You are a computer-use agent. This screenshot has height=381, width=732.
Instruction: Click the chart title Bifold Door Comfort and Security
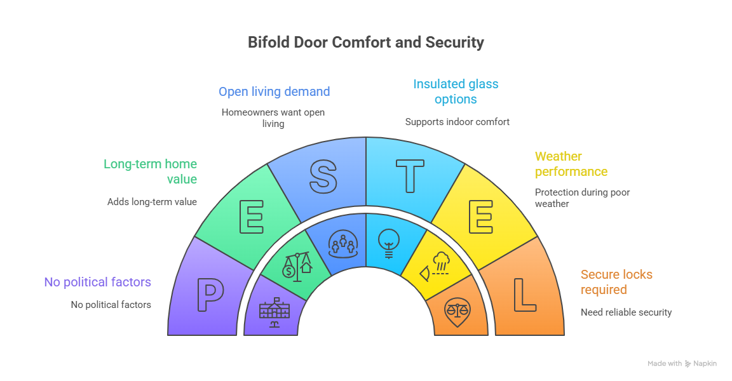[365, 43]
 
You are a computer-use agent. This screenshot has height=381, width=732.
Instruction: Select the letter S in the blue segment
[323, 175]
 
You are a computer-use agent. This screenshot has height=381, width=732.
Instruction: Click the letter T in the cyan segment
[410, 175]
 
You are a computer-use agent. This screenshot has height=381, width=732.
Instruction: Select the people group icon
[342, 244]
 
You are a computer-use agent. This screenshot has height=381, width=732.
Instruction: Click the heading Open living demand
[274, 91]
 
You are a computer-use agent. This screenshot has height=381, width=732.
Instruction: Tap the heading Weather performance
[571, 164]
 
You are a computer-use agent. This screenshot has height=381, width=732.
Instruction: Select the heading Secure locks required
[616, 282]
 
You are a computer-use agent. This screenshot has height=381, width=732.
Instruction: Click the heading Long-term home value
[150, 171]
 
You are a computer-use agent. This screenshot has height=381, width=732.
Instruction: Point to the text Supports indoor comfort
[457, 122]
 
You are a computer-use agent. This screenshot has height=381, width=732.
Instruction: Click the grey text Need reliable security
[626, 312]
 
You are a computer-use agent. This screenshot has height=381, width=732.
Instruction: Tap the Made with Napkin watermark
[682, 364]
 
